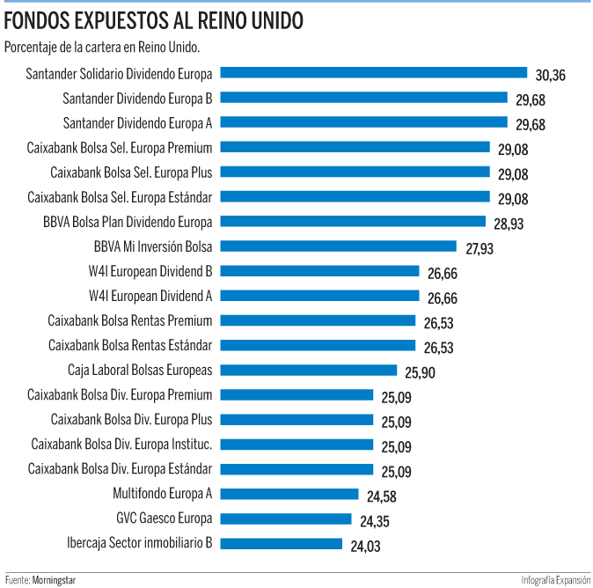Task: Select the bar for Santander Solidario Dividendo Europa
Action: pyautogui.click(x=373, y=73)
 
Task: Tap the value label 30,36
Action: pyautogui.click(x=550, y=76)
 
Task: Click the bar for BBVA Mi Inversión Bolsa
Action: pyautogui.click(x=338, y=246)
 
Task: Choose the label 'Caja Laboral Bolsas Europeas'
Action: pyautogui.click(x=140, y=370)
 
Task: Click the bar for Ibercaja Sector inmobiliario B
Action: pyautogui.click(x=281, y=543)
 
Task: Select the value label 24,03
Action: pyautogui.click(x=365, y=546)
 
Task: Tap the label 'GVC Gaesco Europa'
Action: pyautogui.click(x=164, y=518)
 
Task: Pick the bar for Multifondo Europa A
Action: pyautogui.click(x=289, y=494)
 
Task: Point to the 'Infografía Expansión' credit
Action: pyautogui.click(x=555, y=580)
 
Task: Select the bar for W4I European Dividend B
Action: pyautogui.click(x=319, y=271)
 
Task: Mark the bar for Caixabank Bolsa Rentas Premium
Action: pyautogui.click(x=318, y=320)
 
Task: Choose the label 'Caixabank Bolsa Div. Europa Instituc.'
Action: pyautogui.click(x=121, y=444)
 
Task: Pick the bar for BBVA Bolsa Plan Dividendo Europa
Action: pyautogui.click(x=353, y=222)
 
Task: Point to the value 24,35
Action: pyautogui.click(x=375, y=521)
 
